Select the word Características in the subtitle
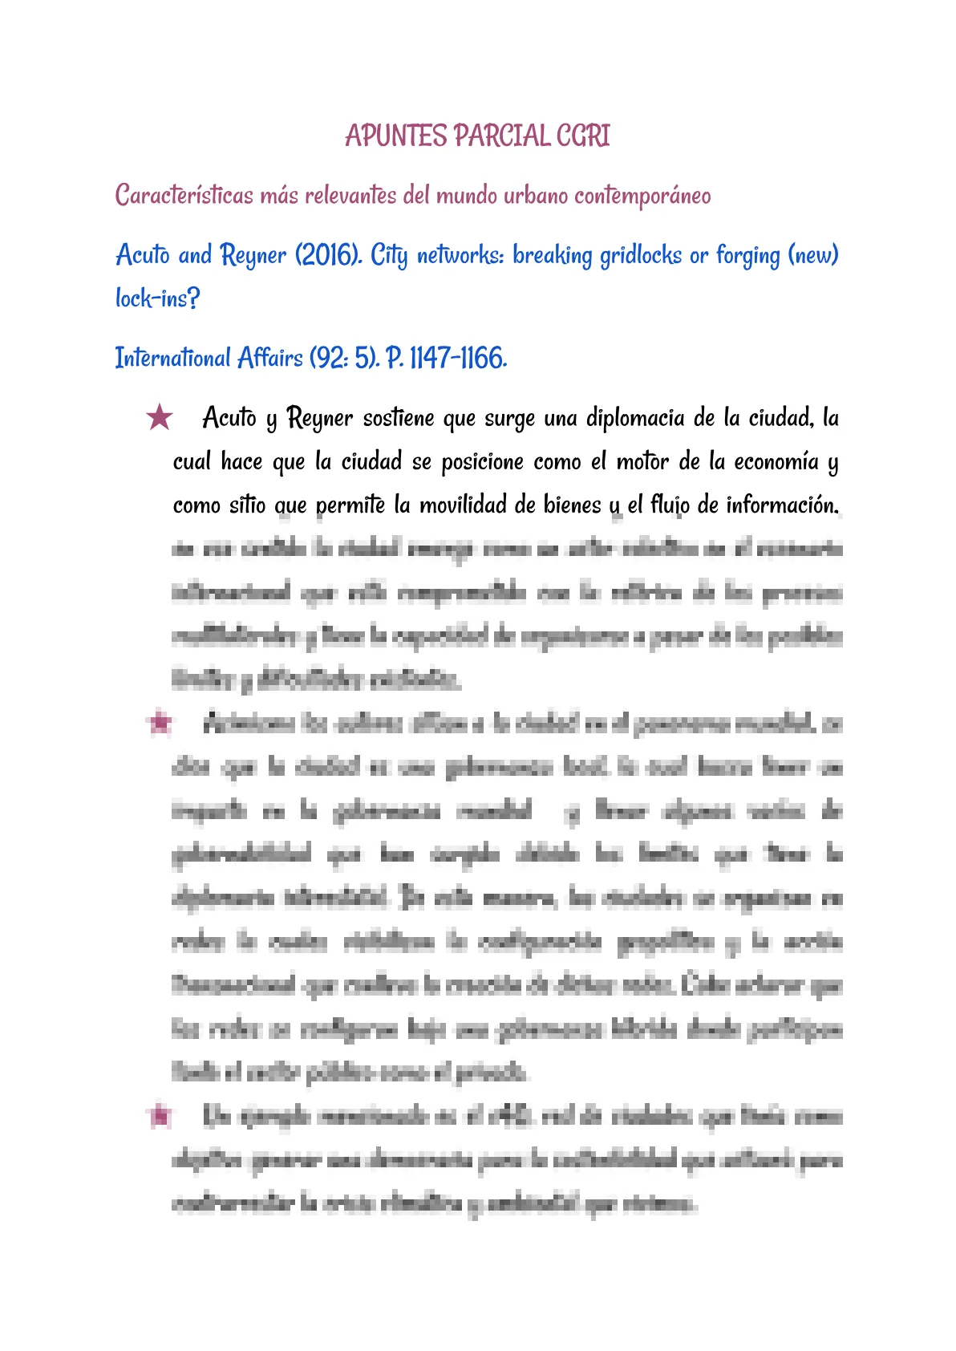184,195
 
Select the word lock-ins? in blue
157,298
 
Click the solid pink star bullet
160,417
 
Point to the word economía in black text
776,461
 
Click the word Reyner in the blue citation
253,255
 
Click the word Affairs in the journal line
270,358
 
